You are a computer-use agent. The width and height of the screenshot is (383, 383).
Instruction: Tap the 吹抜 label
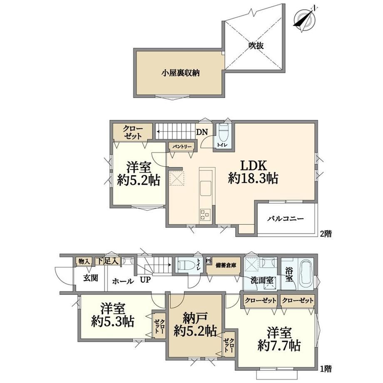pyautogui.click(x=256, y=46)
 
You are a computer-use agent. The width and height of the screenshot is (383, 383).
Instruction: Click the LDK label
pyautogui.click(x=254, y=166)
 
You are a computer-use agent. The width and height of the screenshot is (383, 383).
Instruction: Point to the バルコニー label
pyautogui.click(x=285, y=218)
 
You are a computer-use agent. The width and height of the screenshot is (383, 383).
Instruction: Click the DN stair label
pyautogui.click(x=202, y=132)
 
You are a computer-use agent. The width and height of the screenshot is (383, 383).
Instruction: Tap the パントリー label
pyautogui.click(x=182, y=147)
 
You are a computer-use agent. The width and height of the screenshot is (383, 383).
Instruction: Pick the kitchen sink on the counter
pyautogui.click(x=206, y=188)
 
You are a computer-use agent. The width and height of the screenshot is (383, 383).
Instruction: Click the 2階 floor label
pyautogui.click(x=326, y=234)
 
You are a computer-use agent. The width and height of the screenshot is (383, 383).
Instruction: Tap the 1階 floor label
pyautogui.click(x=326, y=368)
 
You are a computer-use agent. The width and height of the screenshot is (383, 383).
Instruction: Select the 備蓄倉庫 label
pyautogui.click(x=226, y=266)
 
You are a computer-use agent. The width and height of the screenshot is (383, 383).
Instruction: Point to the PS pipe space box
pyautogui.click(x=209, y=261)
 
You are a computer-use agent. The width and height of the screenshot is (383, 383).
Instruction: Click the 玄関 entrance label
pyautogui.click(x=91, y=278)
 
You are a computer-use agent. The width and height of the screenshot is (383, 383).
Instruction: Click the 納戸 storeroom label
pyautogui.click(x=195, y=317)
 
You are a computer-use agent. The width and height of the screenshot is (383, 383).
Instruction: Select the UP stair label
pyautogui.click(x=145, y=280)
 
